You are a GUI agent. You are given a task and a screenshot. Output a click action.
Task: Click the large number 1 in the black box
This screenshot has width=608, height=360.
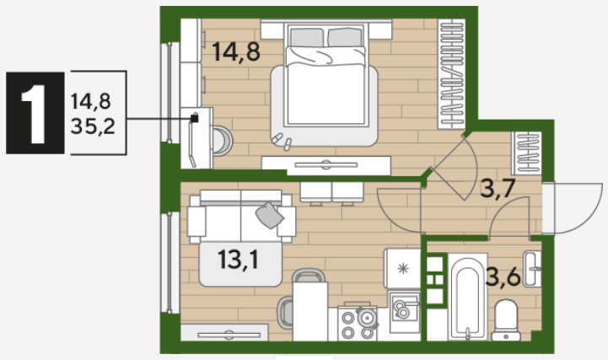[35, 113]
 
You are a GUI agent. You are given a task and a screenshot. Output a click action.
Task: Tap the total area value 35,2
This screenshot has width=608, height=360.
[93, 126]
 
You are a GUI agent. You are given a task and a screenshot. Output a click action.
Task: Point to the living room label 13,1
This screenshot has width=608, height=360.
[238, 259]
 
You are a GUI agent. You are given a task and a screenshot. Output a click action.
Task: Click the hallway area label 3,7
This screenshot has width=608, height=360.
[498, 188]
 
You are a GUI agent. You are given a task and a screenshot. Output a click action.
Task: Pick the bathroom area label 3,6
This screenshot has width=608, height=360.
[503, 277]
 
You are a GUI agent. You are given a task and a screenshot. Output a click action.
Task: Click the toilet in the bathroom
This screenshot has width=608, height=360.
[506, 320]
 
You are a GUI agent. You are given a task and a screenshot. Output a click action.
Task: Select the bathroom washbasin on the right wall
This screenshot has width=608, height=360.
[532, 269]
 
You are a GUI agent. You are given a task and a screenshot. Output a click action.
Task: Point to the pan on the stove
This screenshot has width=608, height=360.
[367, 317]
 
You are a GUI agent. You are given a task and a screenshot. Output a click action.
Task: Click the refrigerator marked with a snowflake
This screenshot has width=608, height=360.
[402, 268]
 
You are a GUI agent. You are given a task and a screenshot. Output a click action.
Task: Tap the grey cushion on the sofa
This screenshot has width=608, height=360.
[269, 215]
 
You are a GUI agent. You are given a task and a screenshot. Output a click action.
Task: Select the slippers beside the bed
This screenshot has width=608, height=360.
[282, 142]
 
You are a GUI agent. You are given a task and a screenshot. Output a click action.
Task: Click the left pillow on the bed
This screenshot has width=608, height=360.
[307, 38]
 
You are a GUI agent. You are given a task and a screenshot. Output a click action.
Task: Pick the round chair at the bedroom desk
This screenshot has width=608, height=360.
[223, 141]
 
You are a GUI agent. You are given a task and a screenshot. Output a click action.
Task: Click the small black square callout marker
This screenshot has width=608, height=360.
[194, 118]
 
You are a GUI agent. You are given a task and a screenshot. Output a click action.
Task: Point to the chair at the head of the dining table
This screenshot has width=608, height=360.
[309, 275]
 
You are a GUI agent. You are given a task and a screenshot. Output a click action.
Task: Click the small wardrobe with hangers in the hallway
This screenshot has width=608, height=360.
[526, 153]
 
